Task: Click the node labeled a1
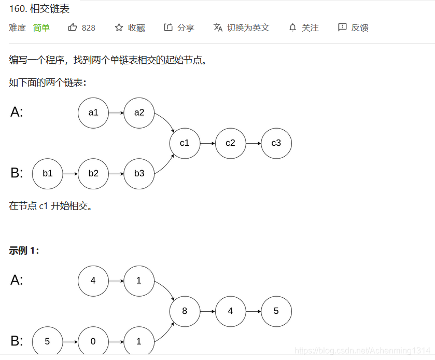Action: coord(93,112)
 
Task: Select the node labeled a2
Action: coord(139,112)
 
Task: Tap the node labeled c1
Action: coord(185,143)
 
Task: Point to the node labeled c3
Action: coord(276,143)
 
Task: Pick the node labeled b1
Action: coord(48,173)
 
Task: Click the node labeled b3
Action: coord(139,173)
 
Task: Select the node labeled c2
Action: coord(230,143)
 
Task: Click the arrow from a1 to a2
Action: coord(116,112)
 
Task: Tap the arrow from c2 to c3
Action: coord(253,143)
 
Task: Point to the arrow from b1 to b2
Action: coord(71,173)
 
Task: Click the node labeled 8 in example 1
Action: coord(185,311)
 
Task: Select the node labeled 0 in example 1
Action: coord(93,341)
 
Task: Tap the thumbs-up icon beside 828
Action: coord(73,27)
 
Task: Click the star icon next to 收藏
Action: coord(119,27)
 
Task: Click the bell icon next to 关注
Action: coord(293,27)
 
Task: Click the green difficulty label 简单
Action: coord(41,28)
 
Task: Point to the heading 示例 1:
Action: coord(24,251)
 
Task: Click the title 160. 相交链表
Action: coord(39,9)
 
